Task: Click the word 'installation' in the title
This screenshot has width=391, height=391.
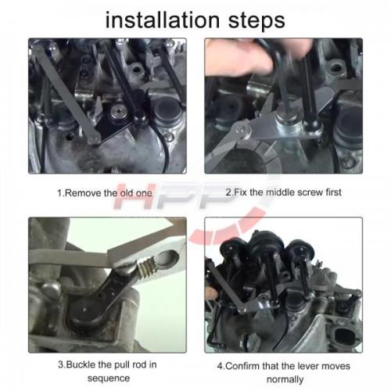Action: pos(163,20)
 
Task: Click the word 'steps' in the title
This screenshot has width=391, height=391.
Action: pos(256,21)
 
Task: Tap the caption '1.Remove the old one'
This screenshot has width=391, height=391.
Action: pos(105,193)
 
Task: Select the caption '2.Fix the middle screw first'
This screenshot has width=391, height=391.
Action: pos(284,192)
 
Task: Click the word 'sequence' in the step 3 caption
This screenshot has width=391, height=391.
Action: pos(109,378)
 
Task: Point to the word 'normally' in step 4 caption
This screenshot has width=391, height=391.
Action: pos(285,379)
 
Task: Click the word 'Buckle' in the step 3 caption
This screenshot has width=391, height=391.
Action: pos(81,364)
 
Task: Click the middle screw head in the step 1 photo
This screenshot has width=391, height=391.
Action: pos(119,112)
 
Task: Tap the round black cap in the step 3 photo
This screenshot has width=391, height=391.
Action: pos(84,313)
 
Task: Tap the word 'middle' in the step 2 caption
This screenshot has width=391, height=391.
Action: pos(272,192)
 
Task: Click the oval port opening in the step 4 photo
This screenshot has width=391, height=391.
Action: pos(344,335)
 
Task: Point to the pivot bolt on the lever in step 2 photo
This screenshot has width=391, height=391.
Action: pos(242,130)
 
